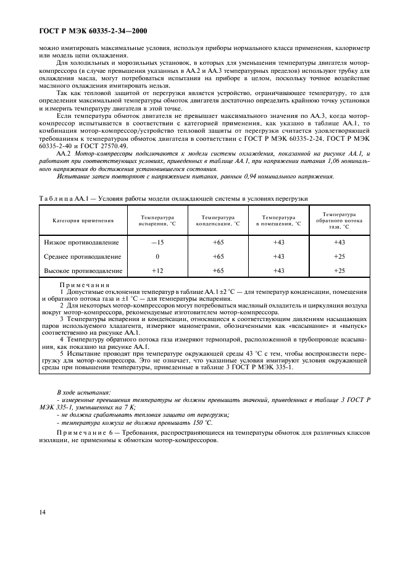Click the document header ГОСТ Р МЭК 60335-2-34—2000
88,31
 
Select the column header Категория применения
83,220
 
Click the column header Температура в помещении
278,220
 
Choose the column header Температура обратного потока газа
339,220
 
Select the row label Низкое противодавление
83,243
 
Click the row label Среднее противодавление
83,256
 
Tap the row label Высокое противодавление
83,270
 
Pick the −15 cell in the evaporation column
157,243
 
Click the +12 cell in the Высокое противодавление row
157,270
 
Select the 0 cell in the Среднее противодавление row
157,256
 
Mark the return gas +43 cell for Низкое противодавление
339,243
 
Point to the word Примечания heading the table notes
84,285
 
